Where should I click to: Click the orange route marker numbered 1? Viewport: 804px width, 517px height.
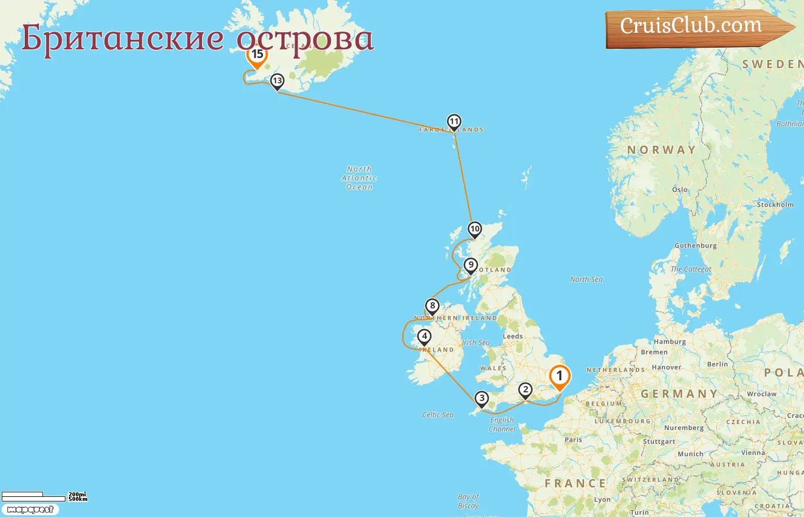coord(559,376)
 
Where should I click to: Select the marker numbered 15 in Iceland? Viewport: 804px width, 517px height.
coord(257,55)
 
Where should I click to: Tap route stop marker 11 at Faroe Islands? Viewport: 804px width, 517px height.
coord(454,122)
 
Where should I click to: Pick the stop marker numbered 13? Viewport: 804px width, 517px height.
coord(277,81)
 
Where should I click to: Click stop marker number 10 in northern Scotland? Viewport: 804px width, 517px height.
coord(474,229)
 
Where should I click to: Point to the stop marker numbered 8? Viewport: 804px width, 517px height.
coord(432,306)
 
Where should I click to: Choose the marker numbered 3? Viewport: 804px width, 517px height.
coord(481,398)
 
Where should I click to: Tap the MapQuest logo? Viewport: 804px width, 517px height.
coord(30,510)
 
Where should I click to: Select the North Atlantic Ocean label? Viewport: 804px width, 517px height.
coord(360,178)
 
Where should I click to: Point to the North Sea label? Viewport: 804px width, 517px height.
coord(586,280)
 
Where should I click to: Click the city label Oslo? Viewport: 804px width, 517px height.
coord(679,190)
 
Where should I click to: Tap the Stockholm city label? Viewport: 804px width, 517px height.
coord(775,205)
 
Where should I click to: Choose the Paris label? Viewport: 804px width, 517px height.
coord(573,440)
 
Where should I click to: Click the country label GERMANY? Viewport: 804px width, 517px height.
coord(679,394)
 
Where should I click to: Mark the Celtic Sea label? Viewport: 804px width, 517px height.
coord(438,415)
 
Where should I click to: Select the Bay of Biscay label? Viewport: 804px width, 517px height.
coord(469,501)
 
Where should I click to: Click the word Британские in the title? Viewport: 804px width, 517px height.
coord(123,39)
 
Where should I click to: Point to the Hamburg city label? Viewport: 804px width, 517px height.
coord(670,342)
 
